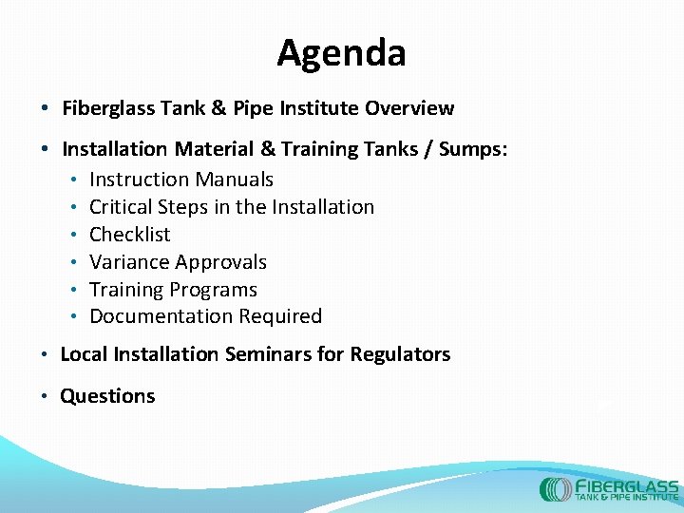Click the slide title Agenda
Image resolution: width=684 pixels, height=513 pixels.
[341, 53]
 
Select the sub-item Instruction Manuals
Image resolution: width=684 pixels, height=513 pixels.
[180, 180]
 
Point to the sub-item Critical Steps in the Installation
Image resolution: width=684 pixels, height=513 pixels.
[231, 207]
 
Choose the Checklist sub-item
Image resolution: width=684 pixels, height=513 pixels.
[129, 235]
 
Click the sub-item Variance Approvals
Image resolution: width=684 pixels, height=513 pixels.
[178, 262]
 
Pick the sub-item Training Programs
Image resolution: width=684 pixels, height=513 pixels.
[173, 290]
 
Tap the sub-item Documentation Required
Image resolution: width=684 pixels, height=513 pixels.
[205, 316]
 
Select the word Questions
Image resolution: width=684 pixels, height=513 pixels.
[107, 396]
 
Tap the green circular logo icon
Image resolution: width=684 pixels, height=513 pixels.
[555, 489]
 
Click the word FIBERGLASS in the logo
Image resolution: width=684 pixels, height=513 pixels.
[627, 484]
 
